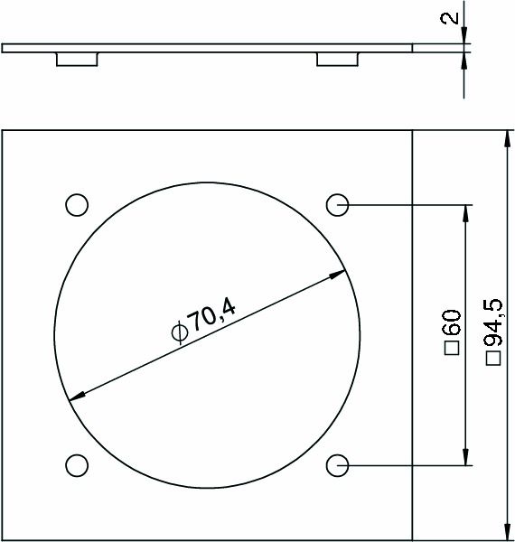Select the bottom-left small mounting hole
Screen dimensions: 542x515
coord(77,465)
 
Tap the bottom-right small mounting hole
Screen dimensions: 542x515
coord(337,465)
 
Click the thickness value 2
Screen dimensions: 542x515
coord(454,18)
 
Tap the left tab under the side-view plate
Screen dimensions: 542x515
coord(77,59)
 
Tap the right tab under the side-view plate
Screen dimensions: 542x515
coord(337,59)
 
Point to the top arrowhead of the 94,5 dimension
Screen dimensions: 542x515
coord(504,138)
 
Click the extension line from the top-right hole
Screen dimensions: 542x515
coord(407,205)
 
